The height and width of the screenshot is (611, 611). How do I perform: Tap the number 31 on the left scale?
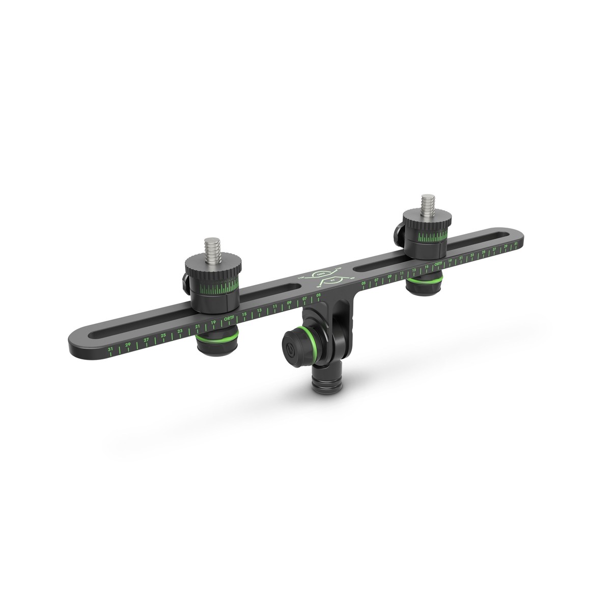point(110,349)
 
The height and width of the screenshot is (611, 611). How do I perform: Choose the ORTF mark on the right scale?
point(437,264)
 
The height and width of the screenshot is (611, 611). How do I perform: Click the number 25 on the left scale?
point(163,336)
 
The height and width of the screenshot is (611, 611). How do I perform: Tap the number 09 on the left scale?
point(289,302)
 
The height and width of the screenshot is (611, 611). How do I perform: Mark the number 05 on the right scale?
point(363,283)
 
